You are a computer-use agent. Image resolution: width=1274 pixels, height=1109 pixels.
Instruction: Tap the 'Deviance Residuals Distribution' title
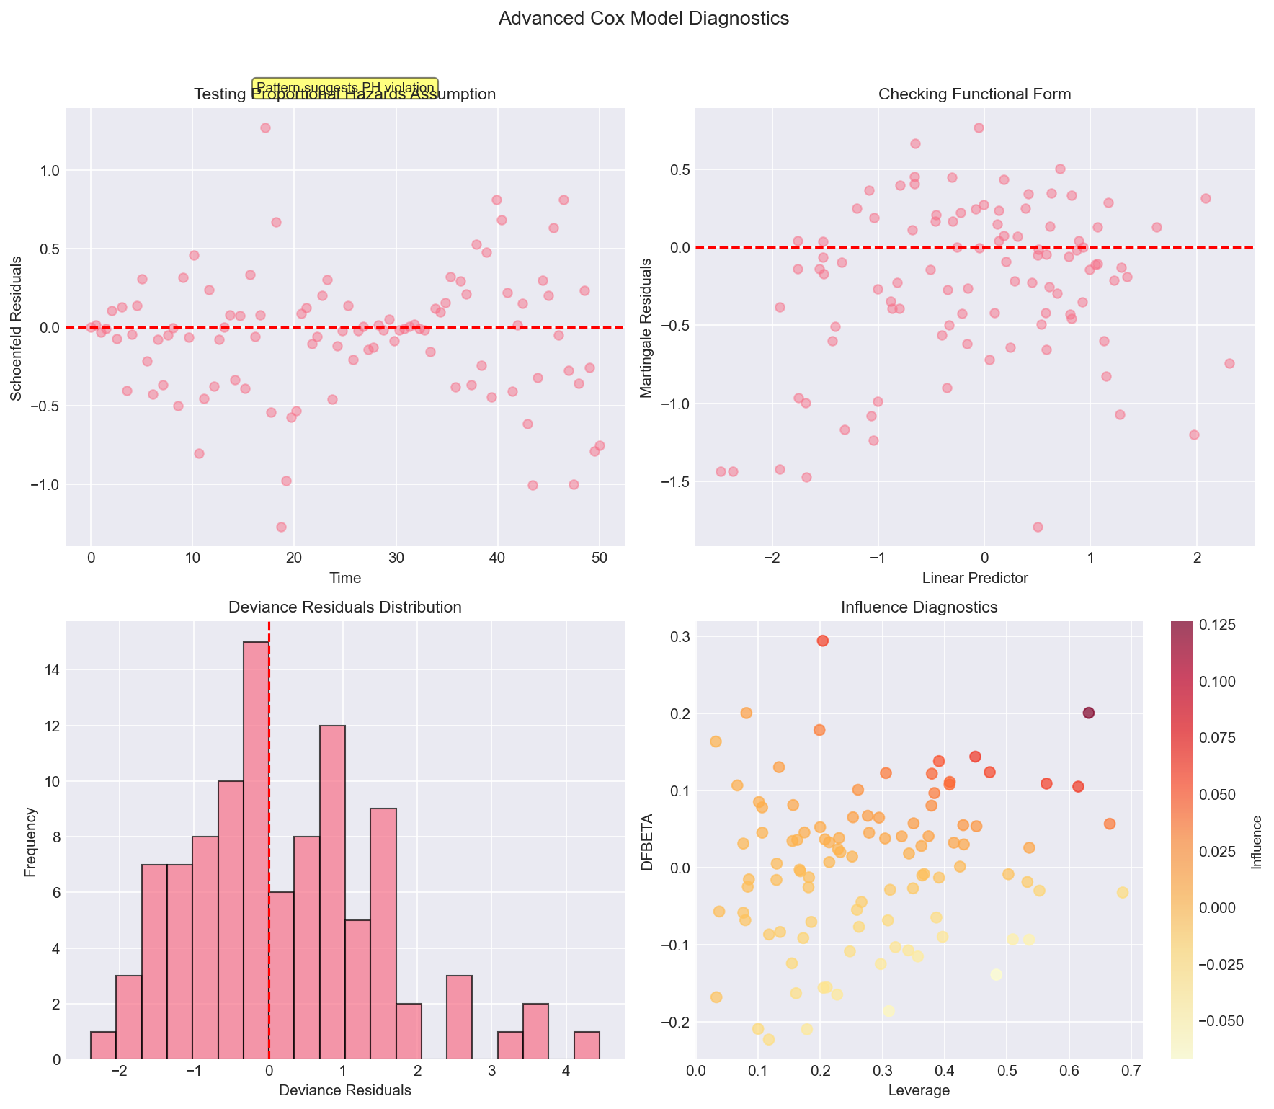pyautogui.click(x=344, y=607)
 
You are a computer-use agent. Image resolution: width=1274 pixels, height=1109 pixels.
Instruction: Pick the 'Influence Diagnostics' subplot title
pyautogui.click(x=919, y=607)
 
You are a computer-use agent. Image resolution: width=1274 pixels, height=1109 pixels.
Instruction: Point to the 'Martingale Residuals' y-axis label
pyautogui.click(x=646, y=327)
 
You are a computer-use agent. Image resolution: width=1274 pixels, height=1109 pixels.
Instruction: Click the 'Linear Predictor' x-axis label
pyautogui.click(x=975, y=577)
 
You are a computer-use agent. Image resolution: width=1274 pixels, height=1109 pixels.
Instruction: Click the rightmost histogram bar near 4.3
pyautogui.click(x=587, y=1045)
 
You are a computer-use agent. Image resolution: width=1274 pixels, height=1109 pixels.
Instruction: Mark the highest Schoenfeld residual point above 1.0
pyautogui.click(x=265, y=128)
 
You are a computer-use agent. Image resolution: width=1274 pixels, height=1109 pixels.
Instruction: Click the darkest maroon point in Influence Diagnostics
pyautogui.click(x=1089, y=713)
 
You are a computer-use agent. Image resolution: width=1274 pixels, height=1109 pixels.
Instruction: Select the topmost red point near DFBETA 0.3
pyautogui.click(x=823, y=641)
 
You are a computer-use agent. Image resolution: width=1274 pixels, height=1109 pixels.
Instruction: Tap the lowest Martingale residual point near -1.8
pyautogui.click(x=1038, y=527)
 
